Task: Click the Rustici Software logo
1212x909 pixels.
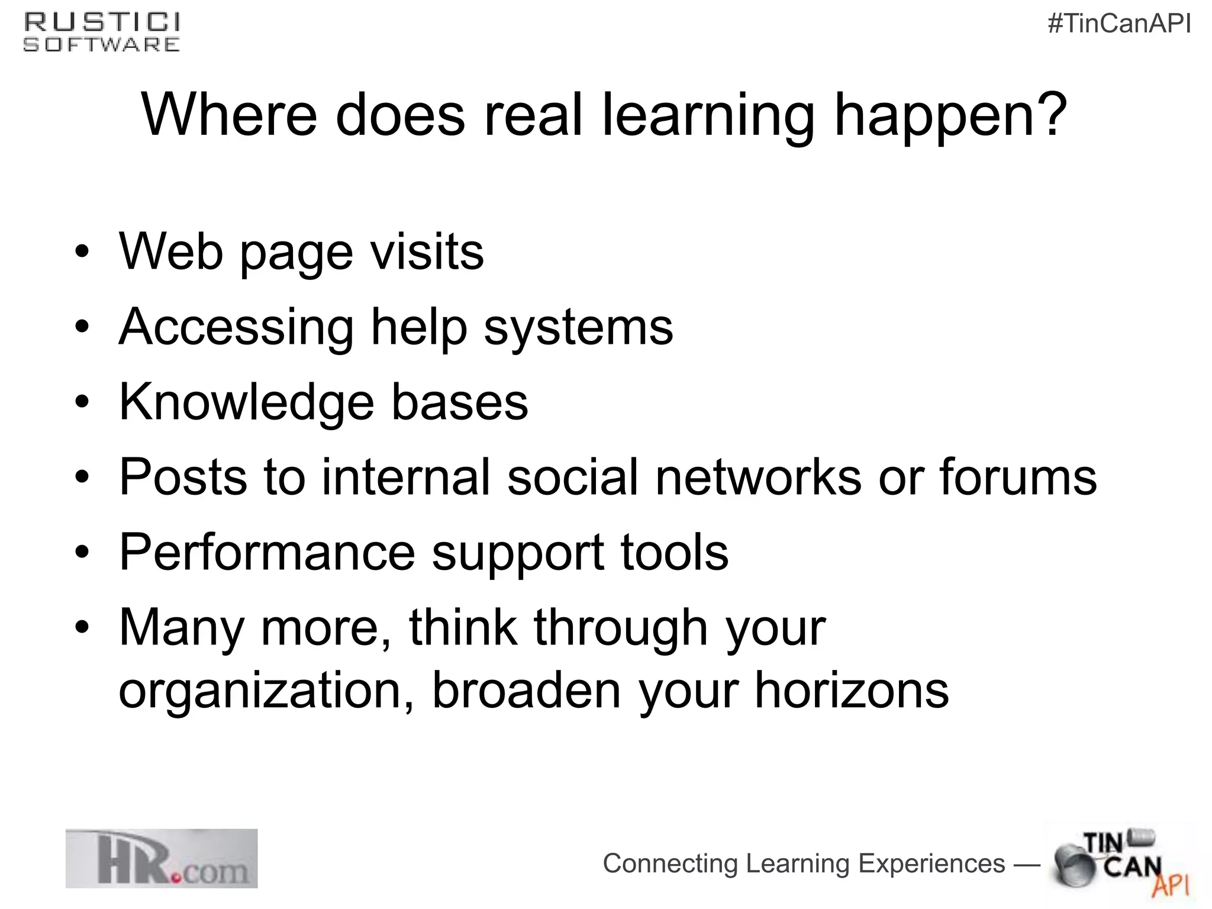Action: pos(101,33)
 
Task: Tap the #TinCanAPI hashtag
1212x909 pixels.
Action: pos(1119,24)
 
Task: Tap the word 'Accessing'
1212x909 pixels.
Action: pos(236,327)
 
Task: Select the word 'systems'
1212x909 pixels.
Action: pos(578,327)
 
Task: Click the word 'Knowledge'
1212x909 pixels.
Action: pos(247,402)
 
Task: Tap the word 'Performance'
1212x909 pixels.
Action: pos(267,552)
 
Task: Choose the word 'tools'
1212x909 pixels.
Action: pos(674,552)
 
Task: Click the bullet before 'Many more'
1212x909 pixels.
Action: pos(82,627)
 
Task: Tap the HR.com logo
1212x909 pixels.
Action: pos(162,858)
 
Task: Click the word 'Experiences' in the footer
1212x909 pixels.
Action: pos(931,863)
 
